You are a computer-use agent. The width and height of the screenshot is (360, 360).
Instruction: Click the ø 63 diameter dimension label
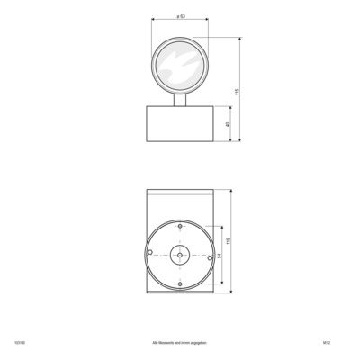181,17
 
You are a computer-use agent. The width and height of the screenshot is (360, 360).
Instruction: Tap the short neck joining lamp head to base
180,100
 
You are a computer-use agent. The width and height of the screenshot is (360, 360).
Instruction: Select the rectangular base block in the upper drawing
180,125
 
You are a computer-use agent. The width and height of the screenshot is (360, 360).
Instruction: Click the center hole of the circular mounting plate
180,255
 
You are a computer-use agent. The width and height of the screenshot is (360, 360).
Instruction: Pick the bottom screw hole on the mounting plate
180,286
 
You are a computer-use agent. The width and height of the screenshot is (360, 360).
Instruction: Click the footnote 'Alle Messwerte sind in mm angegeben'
181,343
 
